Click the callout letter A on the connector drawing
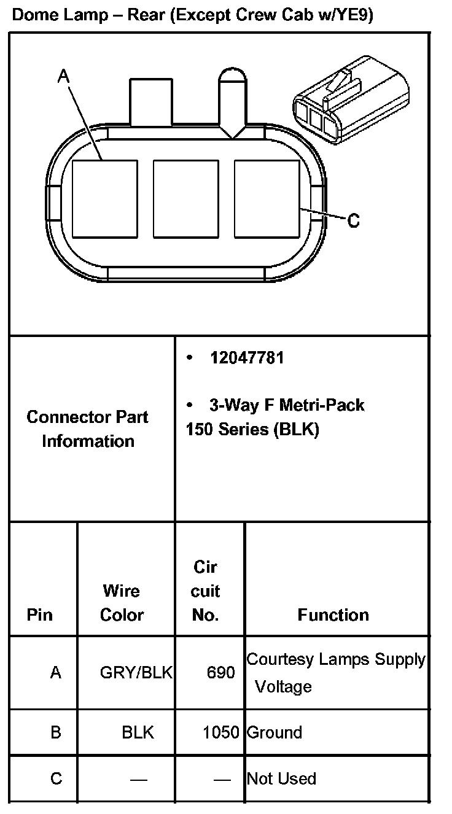tap(64, 76)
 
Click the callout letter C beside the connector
tap(353, 220)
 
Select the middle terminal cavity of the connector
tap(185, 198)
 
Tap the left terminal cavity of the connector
tap(104, 198)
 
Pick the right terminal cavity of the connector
tap(267, 198)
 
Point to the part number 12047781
tap(247, 358)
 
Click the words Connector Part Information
tap(88, 428)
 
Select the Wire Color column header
tap(122, 602)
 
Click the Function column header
tap(333, 614)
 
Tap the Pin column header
tap(40, 614)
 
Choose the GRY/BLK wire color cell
tap(136, 673)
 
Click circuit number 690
tap(220, 673)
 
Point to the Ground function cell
tap(275, 732)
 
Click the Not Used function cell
tap(281, 778)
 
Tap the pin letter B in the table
tap(56, 732)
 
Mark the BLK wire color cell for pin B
tap(138, 732)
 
